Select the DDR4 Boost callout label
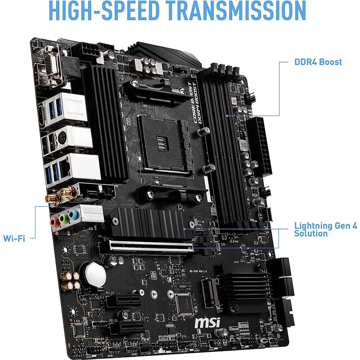318,62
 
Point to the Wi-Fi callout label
14,237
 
